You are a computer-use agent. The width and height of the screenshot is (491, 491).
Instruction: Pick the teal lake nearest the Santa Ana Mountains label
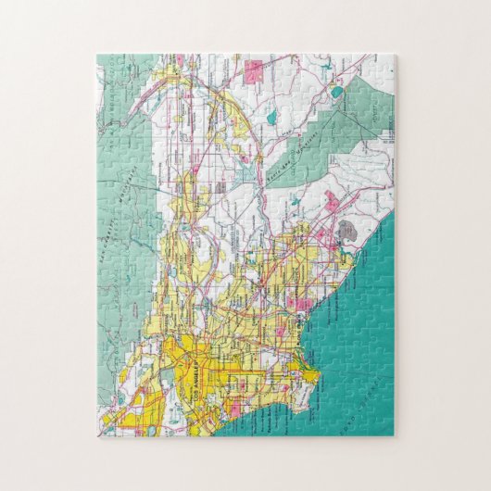point(272,120)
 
